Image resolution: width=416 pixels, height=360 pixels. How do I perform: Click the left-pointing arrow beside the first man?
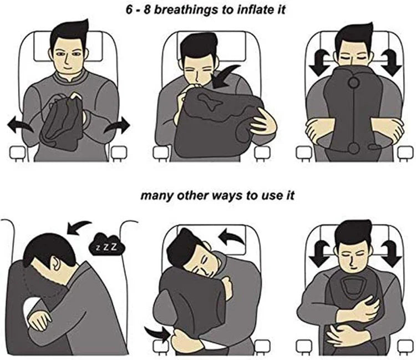(x=20, y=125)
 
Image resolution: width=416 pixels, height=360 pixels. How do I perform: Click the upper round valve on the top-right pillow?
(x=353, y=84)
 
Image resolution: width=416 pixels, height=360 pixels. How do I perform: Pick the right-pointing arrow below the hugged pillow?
(x=157, y=333)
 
